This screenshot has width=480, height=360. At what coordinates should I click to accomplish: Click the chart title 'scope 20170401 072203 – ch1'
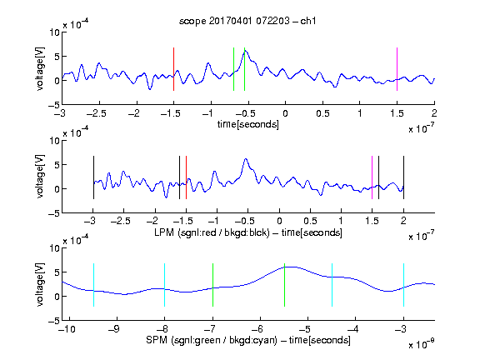[x=247, y=21]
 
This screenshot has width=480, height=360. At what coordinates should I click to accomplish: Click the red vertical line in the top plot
[x=173, y=69]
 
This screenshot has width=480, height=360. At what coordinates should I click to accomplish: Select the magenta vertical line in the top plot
[x=397, y=69]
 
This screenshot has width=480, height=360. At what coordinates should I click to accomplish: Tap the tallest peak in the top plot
[x=246, y=51]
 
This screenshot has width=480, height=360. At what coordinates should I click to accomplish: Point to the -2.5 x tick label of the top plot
[x=97, y=113]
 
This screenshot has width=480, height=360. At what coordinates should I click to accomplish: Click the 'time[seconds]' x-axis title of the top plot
[x=248, y=124]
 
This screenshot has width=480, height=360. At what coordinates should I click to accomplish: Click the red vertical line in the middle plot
[x=186, y=177]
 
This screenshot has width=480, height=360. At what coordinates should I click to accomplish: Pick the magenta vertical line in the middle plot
[x=372, y=177]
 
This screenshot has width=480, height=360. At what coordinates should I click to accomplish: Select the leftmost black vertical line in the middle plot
[x=93, y=177]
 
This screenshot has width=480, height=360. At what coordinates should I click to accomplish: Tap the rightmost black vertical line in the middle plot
[x=403, y=177]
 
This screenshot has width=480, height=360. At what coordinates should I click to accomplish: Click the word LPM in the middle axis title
[x=164, y=232]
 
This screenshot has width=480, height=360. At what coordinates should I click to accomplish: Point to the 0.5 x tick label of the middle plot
[x=310, y=221]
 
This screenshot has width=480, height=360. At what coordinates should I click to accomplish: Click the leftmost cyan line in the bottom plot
[x=93, y=285]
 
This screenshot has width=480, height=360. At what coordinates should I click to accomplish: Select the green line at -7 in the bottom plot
[x=212, y=285]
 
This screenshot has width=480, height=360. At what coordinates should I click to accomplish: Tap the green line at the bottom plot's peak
[x=284, y=285]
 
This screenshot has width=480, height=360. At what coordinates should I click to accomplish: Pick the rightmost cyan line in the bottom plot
[x=403, y=285]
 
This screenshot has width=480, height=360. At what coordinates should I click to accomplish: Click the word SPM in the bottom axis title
[x=157, y=340]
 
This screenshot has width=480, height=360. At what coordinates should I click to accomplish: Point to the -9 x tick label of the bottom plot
[x=114, y=329]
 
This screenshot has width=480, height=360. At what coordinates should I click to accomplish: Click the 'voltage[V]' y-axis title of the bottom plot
[x=40, y=284]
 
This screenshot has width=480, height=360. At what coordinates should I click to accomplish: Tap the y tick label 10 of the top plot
[x=55, y=32]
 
